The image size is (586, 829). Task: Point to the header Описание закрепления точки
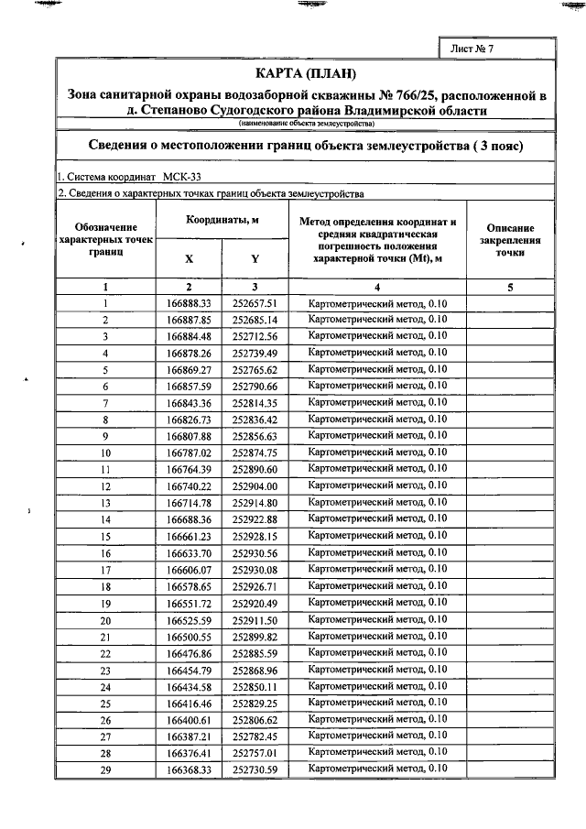coord(511,240)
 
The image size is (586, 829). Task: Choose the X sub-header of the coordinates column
coord(190,258)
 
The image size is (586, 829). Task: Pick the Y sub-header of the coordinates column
coord(255,258)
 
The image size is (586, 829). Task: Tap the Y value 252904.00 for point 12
coord(255,486)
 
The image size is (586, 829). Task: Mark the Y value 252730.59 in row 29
coord(255,770)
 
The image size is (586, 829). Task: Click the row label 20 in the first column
coord(105,620)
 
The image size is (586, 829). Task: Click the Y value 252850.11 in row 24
coord(255,687)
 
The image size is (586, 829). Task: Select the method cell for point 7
coord(378,402)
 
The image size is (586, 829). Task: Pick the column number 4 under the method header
coord(378,287)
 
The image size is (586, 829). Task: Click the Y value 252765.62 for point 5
coord(255,369)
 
